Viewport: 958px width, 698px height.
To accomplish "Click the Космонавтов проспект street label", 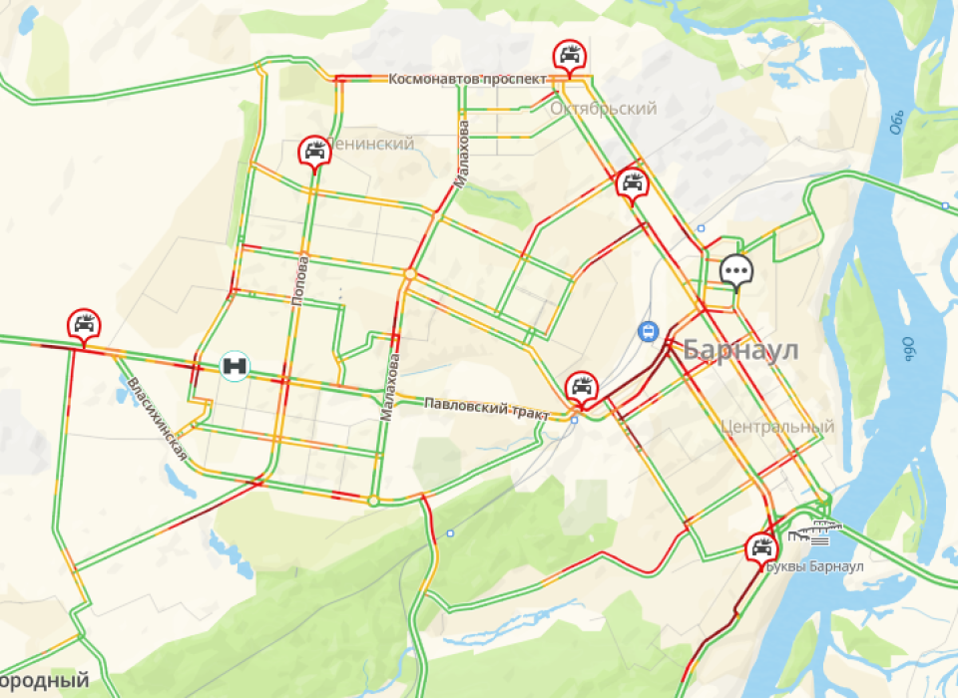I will click(x=467, y=79).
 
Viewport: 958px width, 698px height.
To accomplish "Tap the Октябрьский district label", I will click(x=603, y=109).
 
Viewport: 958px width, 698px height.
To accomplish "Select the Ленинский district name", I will click(x=371, y=144).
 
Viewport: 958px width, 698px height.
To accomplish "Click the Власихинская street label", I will click(x=157, y=418).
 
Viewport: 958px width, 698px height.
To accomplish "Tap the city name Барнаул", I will click(x=741, y=350).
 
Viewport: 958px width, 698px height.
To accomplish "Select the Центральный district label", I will click(x=776, y=427).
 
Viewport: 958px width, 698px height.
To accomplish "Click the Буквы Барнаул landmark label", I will click(x=814, y=566).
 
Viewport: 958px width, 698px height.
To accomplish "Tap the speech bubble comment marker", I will click(x=736, y=269).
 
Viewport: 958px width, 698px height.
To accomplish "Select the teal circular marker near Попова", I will click(x=236, y=365).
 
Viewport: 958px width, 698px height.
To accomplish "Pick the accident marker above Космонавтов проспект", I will click(x=570, y=56).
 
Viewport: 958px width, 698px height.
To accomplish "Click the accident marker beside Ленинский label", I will click(x=313, y=152).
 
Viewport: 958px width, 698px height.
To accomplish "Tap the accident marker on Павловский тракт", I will click(x=581, y=386).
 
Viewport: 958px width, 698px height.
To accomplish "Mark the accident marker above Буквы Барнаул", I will click(x=761, y=547).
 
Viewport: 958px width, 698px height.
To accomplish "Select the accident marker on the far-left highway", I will click(x=84, y=325).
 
